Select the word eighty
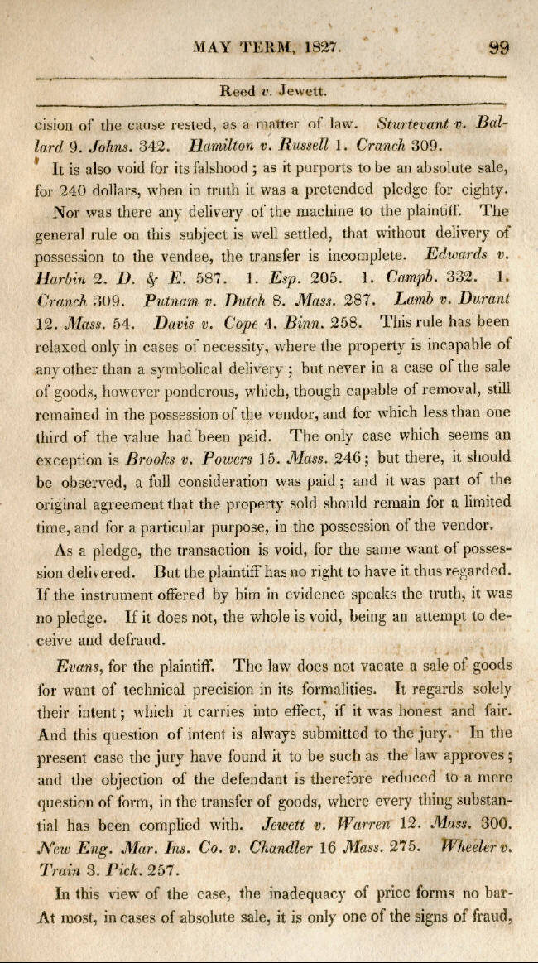point(483,190)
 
